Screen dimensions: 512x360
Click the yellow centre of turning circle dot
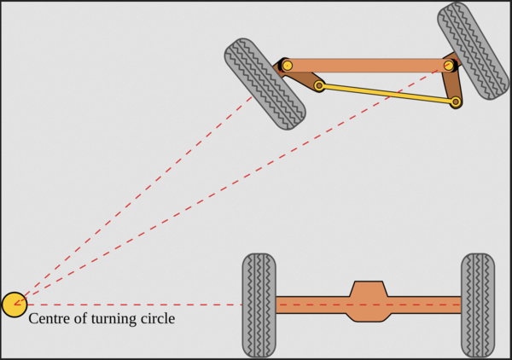[15, 305]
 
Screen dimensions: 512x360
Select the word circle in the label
[158, 318]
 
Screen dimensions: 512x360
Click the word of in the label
[80, 318]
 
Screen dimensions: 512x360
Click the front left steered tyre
[265, 84]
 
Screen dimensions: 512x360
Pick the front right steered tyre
[473, 51]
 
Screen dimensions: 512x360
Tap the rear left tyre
[259, 305]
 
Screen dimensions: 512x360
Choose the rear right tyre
[478, 305]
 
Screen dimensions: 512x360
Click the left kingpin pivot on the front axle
[287, 66]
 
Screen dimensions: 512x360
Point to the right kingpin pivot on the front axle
[449, 66]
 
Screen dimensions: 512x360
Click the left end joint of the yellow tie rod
[319, 86]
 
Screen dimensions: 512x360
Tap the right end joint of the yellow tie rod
[456, 102]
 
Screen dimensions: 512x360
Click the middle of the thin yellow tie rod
[387, 94]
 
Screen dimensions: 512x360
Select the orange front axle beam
[368, 66]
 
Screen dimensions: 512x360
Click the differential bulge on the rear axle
[369, 301]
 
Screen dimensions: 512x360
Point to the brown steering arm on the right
[452, 82]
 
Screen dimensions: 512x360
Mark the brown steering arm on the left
[300, 75]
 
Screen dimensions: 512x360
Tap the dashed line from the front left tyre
[133, 200]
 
